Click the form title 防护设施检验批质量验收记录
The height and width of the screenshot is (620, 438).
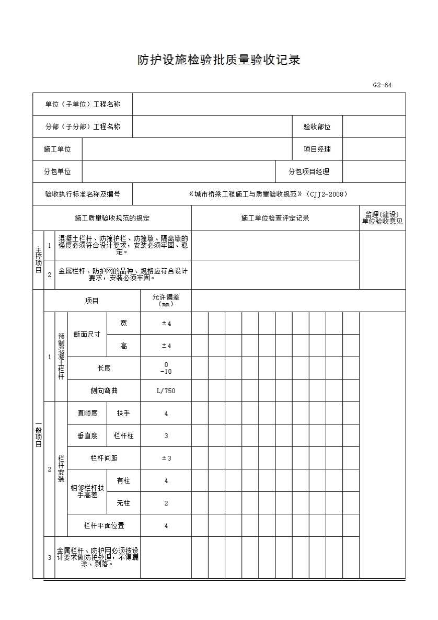tap(218, 60)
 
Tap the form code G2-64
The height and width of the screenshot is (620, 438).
tap(382, 85)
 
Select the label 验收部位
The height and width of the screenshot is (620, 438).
tap(317, 127)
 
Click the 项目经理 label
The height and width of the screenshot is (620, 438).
tap(317, 149)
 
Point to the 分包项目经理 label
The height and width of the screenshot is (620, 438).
tap(309, 171)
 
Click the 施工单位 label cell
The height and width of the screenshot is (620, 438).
tap(57, 149)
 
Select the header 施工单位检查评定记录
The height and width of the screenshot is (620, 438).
tap(275, 218)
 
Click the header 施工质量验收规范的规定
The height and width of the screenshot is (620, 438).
tap(112, 218)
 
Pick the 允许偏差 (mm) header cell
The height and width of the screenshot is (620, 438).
tap(166, 300)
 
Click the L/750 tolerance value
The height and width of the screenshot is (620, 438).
tap(166, 391)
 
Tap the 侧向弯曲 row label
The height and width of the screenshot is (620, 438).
tap(104, 391)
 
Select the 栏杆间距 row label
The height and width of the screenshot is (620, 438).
tap(104, 458)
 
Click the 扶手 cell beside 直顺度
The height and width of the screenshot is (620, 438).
tap(123, 413)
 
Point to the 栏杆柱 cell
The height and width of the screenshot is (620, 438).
tap(123, 435)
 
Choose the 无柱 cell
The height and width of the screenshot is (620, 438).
tap(123, 503)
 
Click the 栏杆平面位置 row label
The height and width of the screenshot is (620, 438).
tap(104, 525)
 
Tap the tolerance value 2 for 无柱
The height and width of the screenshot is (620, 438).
tap(166, 503)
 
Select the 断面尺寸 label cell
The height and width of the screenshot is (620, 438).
tap(87, 335)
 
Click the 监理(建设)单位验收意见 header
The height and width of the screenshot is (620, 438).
tap(382, 218)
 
